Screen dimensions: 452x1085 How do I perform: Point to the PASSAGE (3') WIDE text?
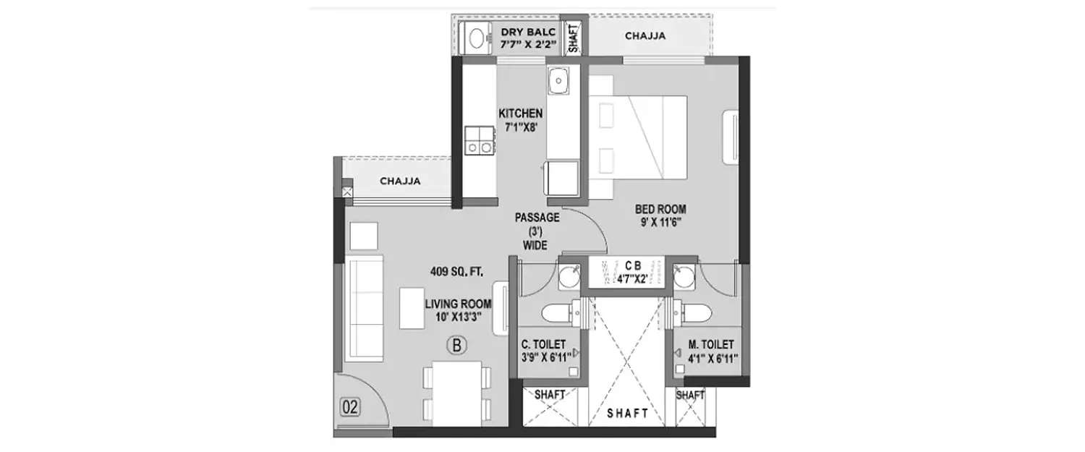click(x=535, y=231)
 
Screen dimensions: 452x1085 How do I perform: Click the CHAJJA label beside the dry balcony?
click(x=645, y=35)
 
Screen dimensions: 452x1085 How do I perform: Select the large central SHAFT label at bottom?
click(x=627, y=414)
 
